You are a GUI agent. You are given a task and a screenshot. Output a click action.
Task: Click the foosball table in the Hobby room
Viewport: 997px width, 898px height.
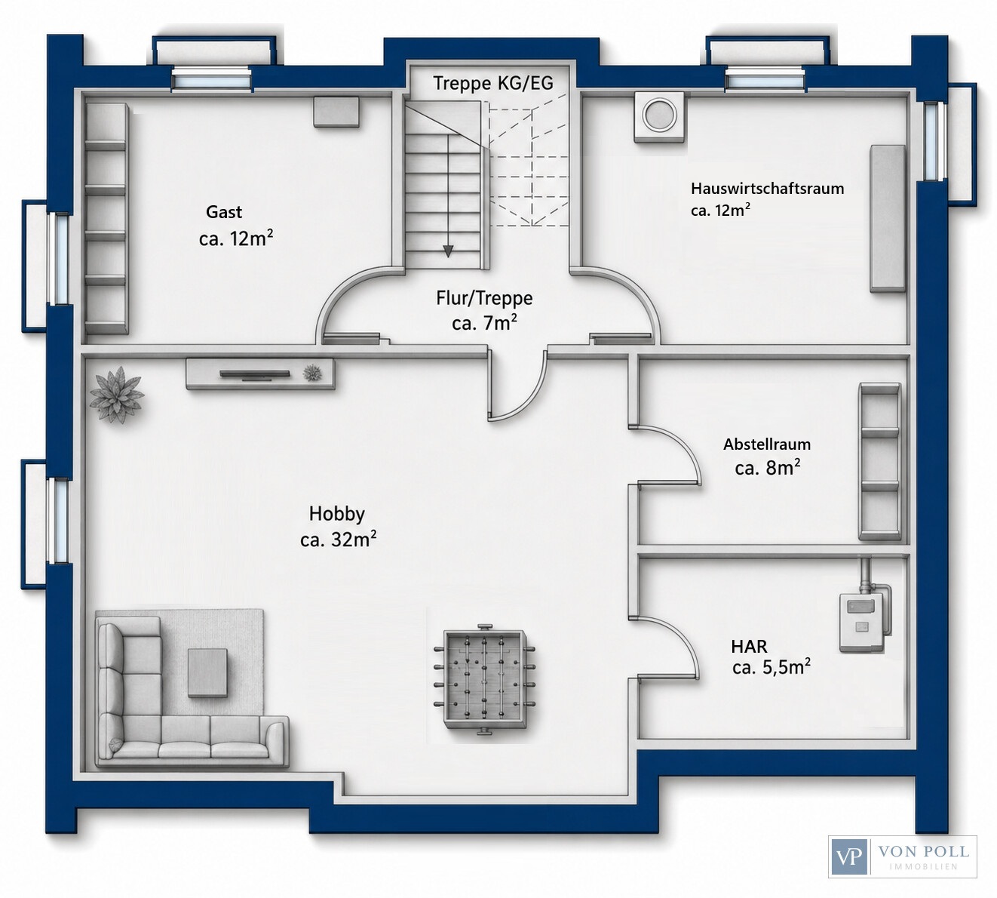point(484,680)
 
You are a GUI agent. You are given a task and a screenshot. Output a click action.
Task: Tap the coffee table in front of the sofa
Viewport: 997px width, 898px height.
point(207,672)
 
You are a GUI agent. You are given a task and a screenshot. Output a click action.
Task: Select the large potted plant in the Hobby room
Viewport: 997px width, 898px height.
point(117,395)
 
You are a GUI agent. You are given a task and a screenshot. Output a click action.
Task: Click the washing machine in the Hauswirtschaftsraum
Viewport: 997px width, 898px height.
point(660,118)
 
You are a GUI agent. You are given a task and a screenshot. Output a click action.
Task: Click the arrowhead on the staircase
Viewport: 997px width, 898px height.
point(448,251)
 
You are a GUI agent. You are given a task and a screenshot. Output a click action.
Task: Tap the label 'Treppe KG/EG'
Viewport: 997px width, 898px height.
point(493,83)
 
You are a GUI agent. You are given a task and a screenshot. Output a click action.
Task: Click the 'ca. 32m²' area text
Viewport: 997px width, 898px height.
point(338,540)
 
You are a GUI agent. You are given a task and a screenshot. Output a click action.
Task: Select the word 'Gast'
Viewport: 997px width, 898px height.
point(224,212)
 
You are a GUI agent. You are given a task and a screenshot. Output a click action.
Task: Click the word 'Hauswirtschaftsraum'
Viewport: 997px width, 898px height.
point(768,189)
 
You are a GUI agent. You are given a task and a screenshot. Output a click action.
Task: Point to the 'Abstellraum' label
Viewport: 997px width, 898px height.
point(767,444)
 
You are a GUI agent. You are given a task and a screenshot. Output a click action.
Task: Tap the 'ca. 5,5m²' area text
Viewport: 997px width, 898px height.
point(772,667)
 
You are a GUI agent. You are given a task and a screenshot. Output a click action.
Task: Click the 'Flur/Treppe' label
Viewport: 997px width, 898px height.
point(484,298)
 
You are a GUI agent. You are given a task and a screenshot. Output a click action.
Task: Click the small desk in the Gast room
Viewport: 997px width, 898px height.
point(336,112)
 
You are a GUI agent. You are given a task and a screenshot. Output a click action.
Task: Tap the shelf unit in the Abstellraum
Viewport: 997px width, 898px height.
point(879,461)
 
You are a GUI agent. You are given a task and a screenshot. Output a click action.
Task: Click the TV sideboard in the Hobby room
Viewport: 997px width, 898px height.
point(260,374)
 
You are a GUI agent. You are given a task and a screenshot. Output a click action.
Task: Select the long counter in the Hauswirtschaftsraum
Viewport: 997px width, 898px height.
point(887,218)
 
